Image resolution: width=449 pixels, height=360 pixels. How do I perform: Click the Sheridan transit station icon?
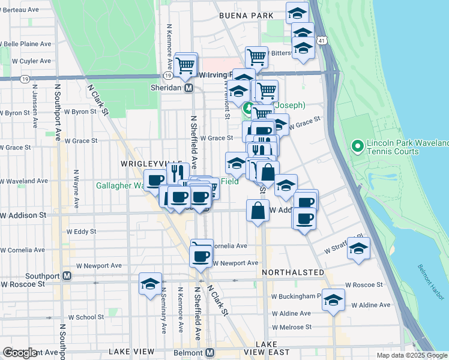188,88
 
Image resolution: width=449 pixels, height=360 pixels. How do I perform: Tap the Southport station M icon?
67,276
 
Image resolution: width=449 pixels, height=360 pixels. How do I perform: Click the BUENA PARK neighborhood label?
246,16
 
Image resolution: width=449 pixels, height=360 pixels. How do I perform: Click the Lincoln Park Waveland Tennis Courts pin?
357,146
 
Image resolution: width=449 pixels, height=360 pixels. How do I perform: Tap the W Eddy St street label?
82,231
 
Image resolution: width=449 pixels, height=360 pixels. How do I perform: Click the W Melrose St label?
291,327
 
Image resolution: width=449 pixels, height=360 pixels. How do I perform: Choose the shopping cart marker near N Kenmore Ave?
186,63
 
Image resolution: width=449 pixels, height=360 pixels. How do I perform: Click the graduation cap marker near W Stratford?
358,248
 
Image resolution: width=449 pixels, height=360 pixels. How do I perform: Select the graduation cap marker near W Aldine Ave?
333,299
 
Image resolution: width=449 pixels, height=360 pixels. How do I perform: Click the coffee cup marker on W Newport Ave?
201,256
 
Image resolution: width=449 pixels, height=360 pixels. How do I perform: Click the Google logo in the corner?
20,353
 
